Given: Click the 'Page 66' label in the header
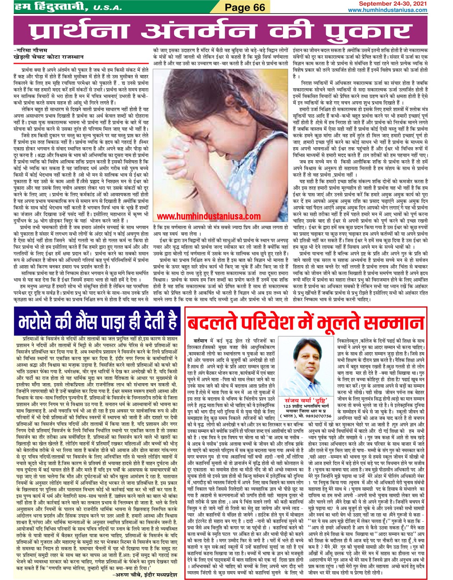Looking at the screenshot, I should (245, 7).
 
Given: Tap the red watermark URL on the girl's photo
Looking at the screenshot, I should (209, 216).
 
